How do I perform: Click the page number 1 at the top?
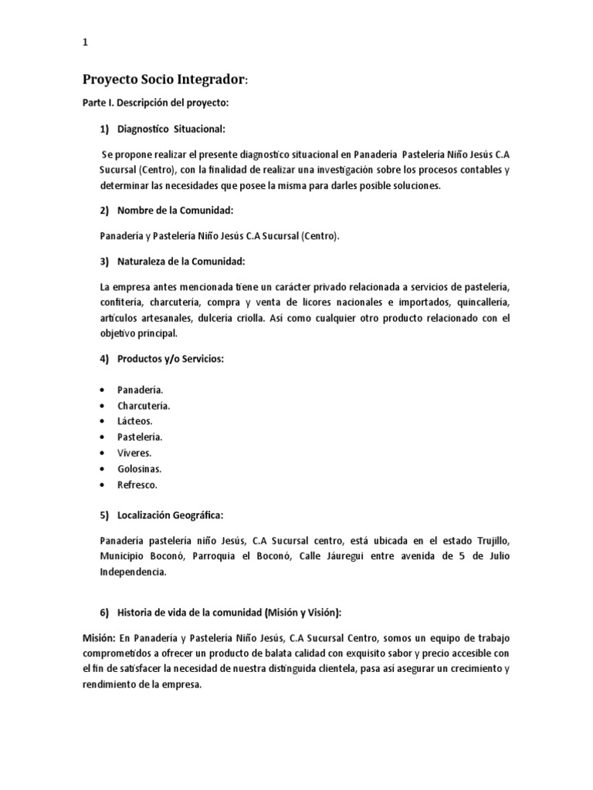click(85, 43)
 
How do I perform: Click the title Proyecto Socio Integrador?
click(165, 79)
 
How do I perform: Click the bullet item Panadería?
click(140, 390)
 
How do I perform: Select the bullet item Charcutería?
click(144, 406)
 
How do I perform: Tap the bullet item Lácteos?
click(135, 421)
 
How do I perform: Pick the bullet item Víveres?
click(135, 453)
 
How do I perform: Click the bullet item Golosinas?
click(139, 469)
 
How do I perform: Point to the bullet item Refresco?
click(137, 484)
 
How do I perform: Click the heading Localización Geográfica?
click(171, 514)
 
